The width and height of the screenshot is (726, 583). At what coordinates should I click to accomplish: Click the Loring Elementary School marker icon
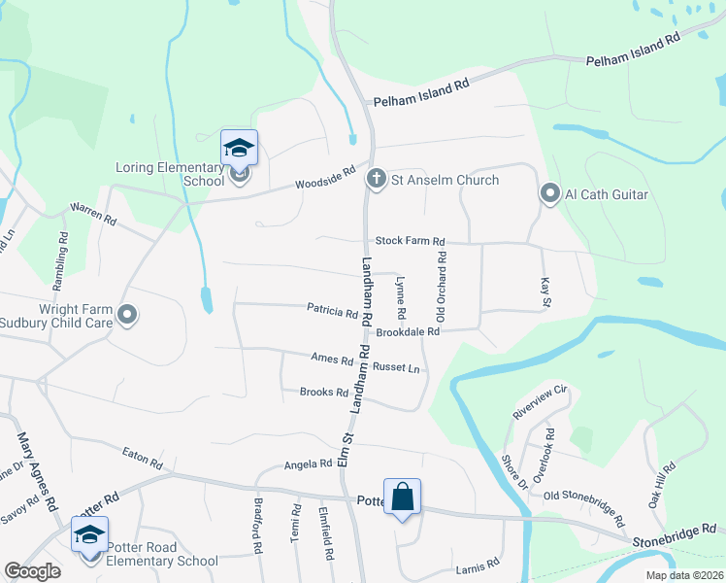[239, 149]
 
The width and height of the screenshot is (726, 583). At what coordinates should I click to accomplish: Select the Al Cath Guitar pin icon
[549, 195]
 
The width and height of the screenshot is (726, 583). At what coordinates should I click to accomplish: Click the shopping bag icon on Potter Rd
[402, 497]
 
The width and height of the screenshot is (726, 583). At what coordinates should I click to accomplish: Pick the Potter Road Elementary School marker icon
[89, 535]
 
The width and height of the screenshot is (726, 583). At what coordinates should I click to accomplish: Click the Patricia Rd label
[333, 312]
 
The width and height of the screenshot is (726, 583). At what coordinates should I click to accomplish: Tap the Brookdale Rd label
[409, 331]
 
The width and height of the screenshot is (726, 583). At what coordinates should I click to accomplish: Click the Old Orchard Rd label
[442, 287]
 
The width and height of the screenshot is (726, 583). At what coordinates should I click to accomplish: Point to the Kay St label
[544, 292]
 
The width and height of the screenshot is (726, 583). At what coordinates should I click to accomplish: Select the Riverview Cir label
[539, 400]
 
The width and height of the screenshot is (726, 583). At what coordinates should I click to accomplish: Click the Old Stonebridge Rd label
[584, 506]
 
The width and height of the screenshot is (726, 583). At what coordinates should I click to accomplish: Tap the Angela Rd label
[309, 465]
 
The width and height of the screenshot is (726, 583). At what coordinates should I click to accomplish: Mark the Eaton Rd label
[142, 456]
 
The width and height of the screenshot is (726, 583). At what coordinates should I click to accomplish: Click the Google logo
[32, 571]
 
